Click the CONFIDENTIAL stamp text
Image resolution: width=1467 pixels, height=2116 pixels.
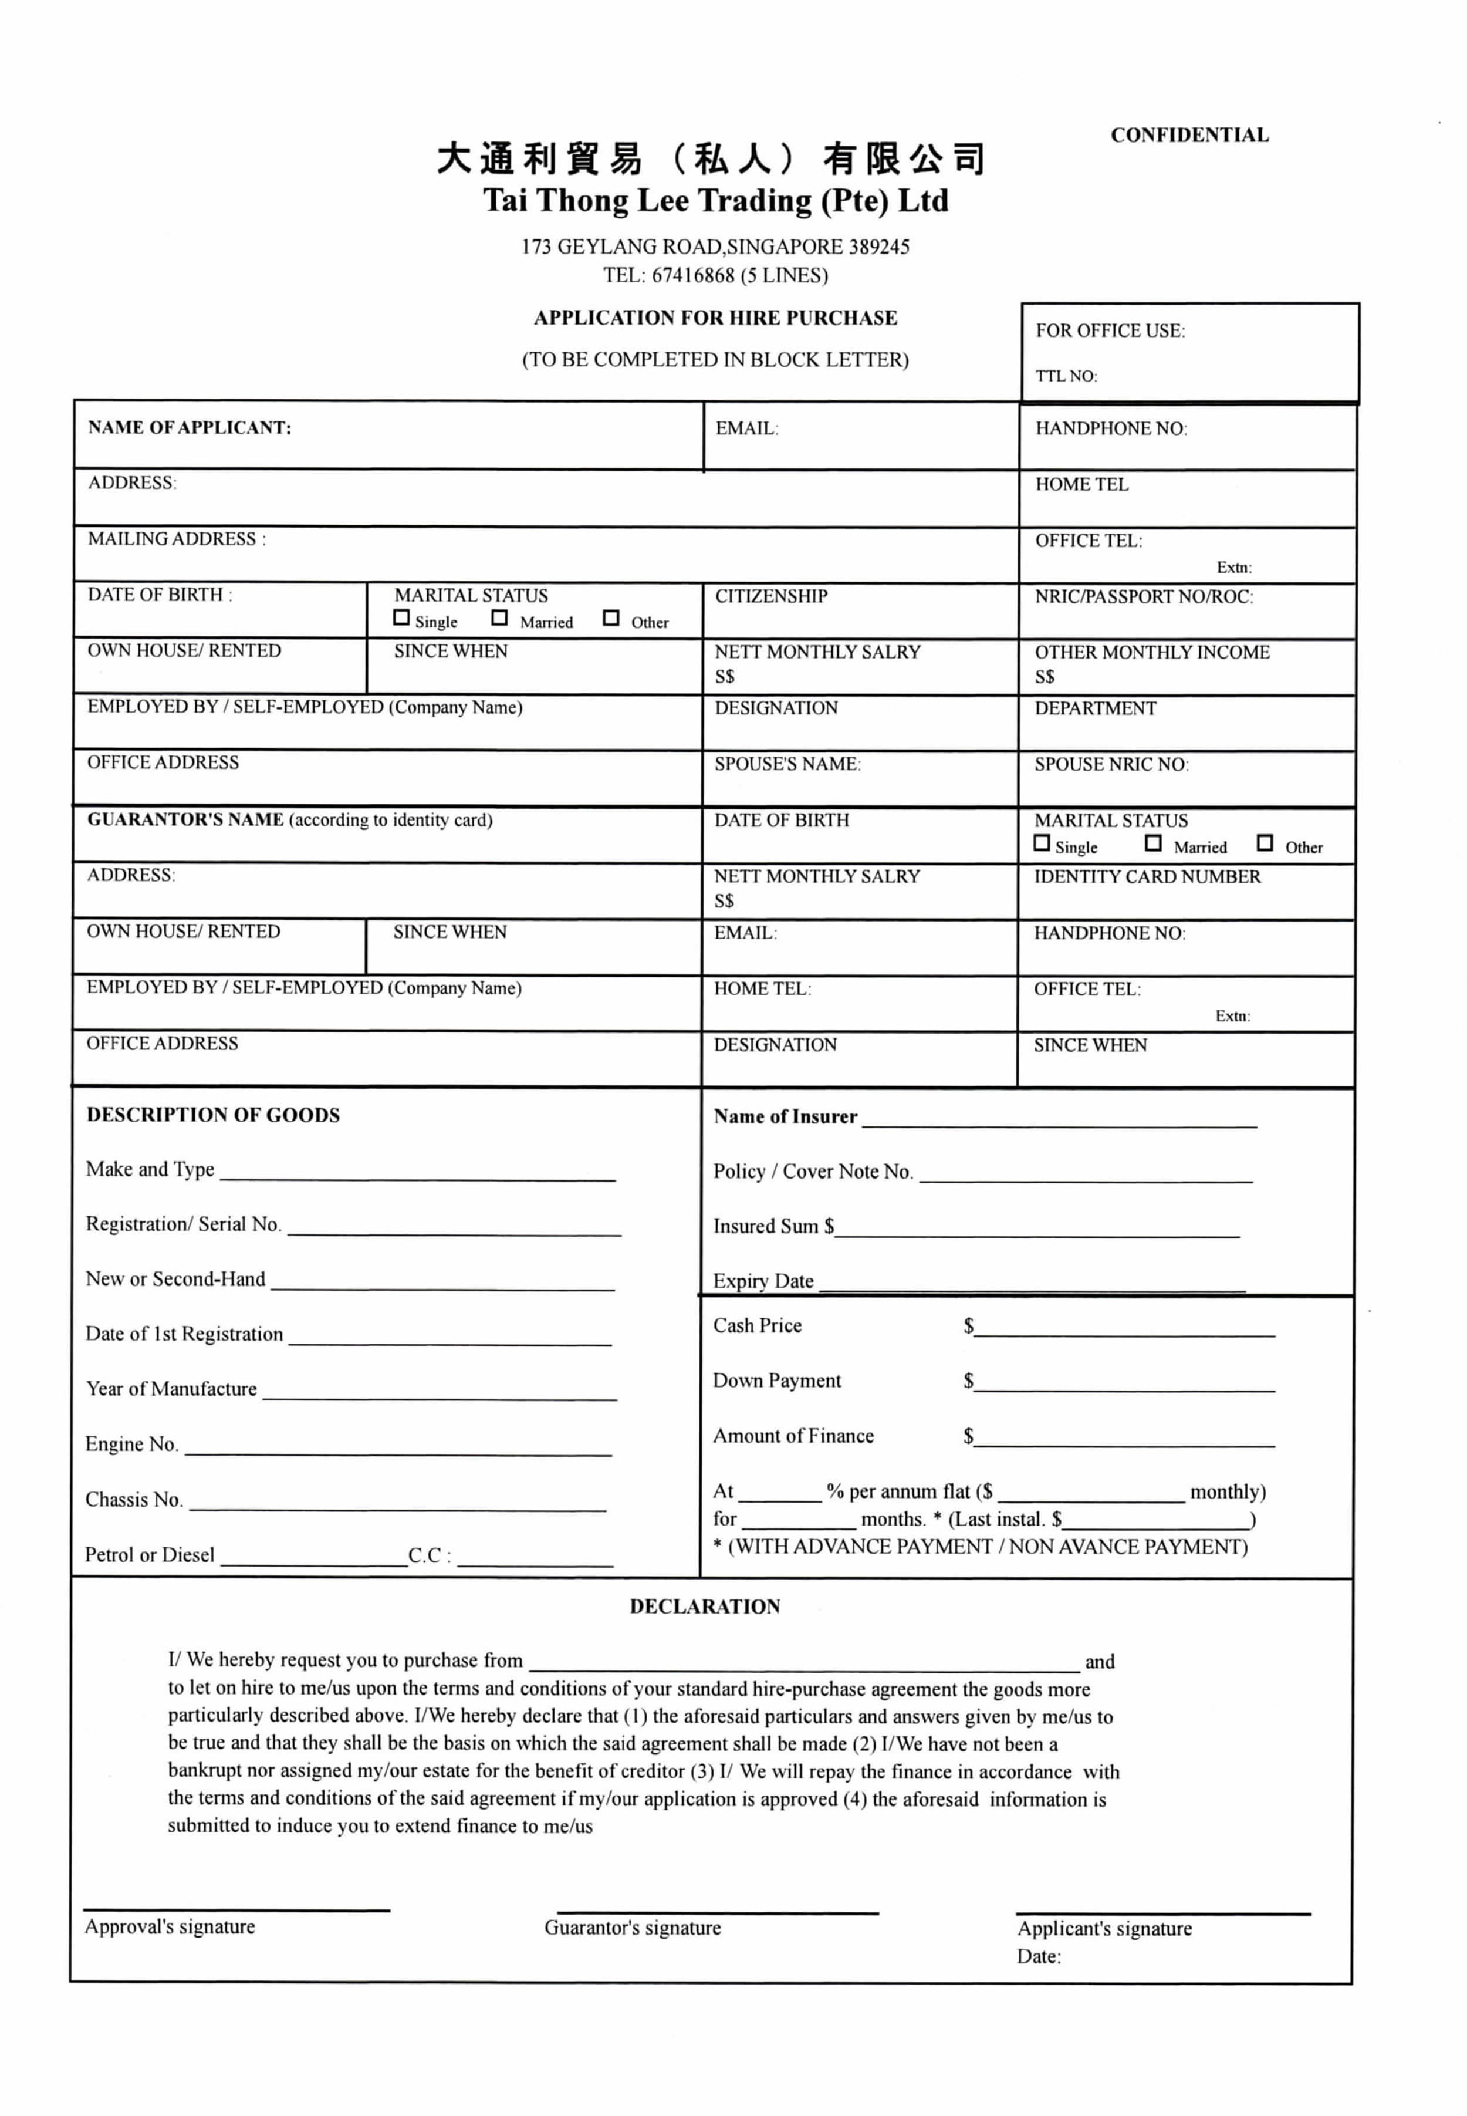[1189, 135]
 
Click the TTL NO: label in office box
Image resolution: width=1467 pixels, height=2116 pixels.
[1066, 376]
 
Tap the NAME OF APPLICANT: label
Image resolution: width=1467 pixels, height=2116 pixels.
[190, 427]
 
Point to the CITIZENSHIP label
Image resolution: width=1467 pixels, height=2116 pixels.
[771, 596]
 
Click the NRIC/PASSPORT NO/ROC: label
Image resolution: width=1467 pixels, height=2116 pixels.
[1144, 596]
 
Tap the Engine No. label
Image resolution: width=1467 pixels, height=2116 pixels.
[131, 1444]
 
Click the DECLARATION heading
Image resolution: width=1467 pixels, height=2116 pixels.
[705, 1607]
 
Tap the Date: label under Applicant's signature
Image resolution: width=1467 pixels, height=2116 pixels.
[1039, 1957]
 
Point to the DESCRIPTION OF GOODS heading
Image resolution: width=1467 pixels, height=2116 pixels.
[213, 1115]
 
